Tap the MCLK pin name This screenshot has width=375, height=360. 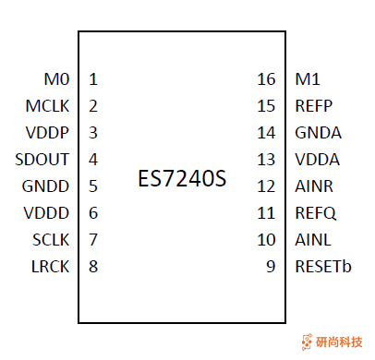point(48,105)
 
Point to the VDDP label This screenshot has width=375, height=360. point(48,132)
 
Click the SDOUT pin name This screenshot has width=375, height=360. point(44,159)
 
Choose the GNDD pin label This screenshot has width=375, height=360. point(46,186)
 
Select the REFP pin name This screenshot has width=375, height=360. point(313,105)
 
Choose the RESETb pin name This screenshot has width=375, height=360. point(322,268)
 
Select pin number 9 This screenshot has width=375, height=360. point(270,268)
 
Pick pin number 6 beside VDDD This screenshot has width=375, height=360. point(93,213)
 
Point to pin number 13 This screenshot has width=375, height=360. point(266,159)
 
